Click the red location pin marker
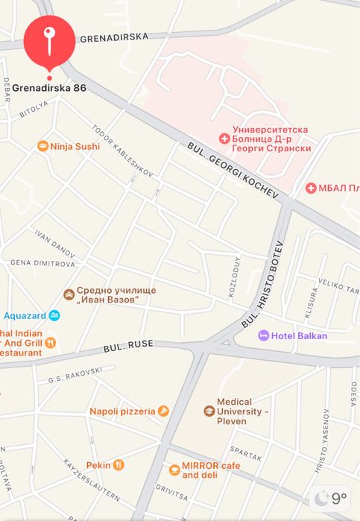(49, 41)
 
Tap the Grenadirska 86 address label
(49, 88)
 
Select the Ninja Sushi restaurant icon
(43, 146)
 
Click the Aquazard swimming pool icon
(54, 315)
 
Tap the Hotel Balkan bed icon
(263, 335)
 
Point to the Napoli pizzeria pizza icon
(163, 411)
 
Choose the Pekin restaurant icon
(119, 465)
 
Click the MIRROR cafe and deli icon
(174, 470)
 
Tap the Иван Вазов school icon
(69, 294)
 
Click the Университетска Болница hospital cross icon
(223, 139)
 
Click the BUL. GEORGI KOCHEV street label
(233, 171)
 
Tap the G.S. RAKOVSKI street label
(75, 375)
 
